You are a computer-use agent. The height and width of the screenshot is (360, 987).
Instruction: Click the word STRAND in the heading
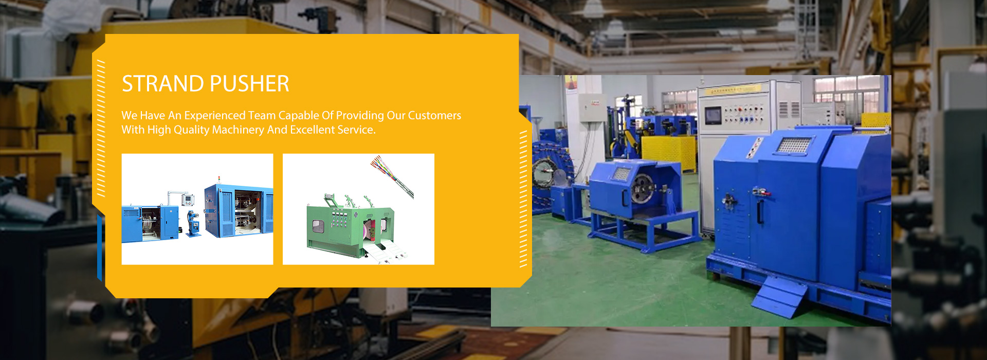(163, 84)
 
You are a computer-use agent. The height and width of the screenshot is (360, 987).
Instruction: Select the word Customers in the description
(434, 115)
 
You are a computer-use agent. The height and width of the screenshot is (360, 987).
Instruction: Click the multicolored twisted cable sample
(392, 177)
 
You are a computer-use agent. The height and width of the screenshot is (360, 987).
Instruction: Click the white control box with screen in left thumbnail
(188, 200)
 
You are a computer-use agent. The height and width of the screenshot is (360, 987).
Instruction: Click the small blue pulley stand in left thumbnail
(193, 223)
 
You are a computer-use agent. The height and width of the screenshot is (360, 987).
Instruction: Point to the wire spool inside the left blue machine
(148, 223)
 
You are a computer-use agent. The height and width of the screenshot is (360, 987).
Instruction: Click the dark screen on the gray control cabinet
(712, 115)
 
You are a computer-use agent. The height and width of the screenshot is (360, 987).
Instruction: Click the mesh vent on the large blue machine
(794, 145)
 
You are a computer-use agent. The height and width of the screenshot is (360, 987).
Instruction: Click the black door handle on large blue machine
(760, 211)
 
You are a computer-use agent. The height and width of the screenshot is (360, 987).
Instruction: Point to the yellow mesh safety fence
(668, 152)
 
